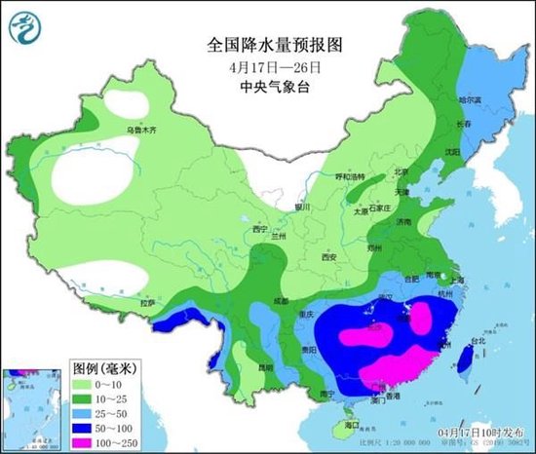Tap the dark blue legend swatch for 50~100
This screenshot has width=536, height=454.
[x=87, y=427]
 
